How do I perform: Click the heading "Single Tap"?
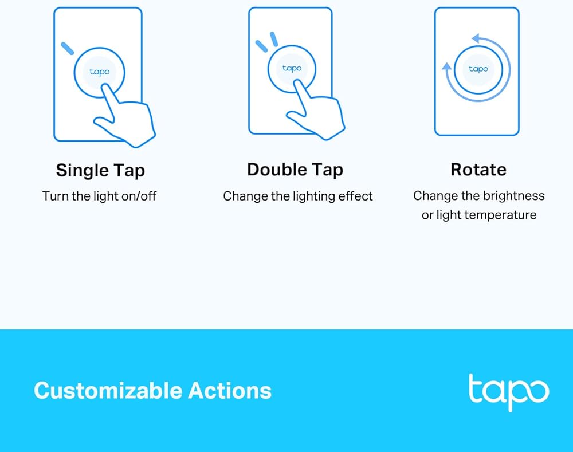tap(100, 171)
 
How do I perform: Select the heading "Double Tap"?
tap(295, 170)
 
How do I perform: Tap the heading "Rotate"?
tap(478, 170)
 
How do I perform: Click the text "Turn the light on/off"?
tap(99, 196)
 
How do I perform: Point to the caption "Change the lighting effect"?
tap(298, 196)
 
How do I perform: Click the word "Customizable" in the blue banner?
tap(108, 390)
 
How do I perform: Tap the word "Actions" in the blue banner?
tap(230, 390)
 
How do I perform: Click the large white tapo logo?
tap(509, 392)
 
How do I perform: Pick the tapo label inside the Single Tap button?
tap(99, 72)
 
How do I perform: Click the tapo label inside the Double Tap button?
tap(292, 68)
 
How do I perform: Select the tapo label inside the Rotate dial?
tap(478, 69)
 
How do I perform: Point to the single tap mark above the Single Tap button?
tap(67, 48)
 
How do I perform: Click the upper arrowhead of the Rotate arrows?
tap(476, 38)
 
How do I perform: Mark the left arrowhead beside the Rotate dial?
tap(446, 66)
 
